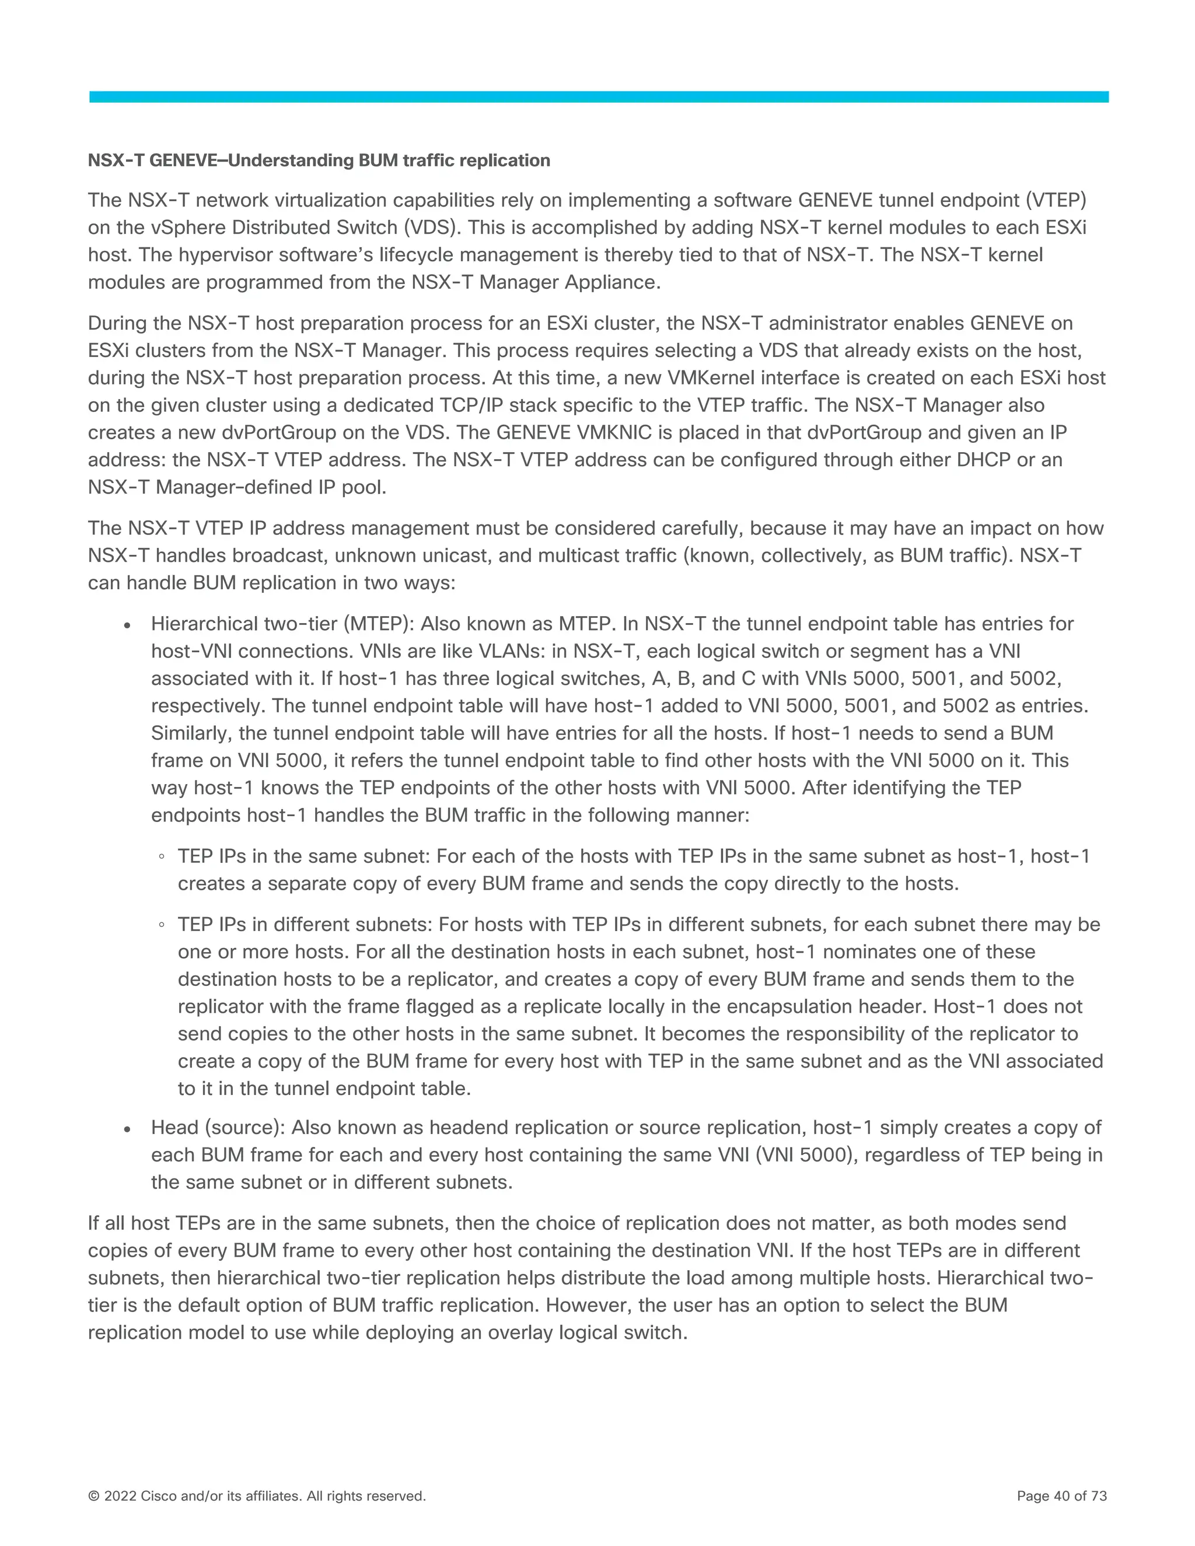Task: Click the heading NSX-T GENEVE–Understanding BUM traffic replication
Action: tap(319, 160)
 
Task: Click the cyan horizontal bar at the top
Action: tap(598, 97)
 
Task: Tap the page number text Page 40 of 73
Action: tap(1061, 1496)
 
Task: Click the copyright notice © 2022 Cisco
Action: tap(256, 1496)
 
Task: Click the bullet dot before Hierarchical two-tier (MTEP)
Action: tap(127, 627)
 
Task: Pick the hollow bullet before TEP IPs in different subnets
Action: tap(162, 926)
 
